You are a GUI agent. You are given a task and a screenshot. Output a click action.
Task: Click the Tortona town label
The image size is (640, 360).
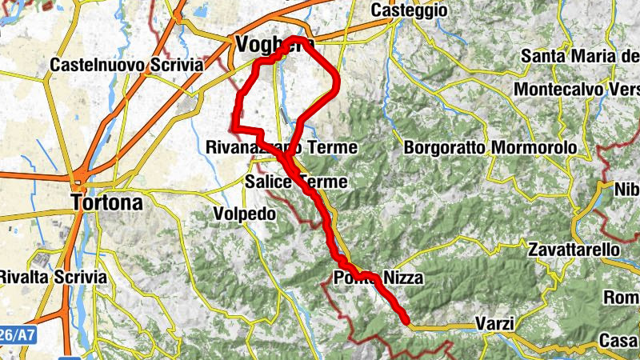click(107, 202)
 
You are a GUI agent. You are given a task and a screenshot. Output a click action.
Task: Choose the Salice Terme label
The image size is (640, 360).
click(296, 182)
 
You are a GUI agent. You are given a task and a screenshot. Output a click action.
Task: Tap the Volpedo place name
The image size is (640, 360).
click(244, 214)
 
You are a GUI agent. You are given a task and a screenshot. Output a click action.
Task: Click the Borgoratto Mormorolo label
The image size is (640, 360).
click(490, 148)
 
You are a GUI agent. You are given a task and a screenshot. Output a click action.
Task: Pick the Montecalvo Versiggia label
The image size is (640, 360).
click(576, 90)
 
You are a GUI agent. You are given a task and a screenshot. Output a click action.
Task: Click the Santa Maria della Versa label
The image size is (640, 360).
click(580, 56)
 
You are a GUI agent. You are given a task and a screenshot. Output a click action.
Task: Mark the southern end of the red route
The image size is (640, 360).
click(406, 322)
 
